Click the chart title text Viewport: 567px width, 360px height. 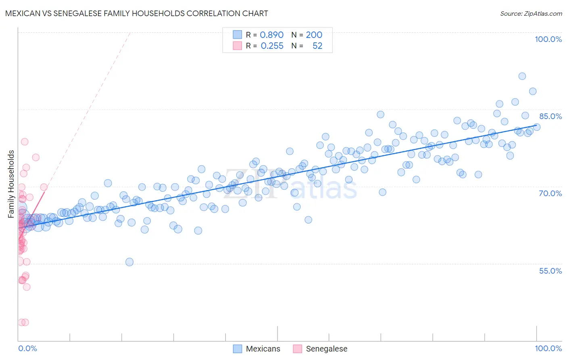click(x=136, y=13)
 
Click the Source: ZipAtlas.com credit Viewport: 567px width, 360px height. click(x=531, y=13)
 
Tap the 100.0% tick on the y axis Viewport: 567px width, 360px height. click(x=548, y=39)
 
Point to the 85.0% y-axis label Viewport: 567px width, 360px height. click(x=550, y=116)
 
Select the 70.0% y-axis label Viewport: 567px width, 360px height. click(x=550, y=193)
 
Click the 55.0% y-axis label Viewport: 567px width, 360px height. click(x=550, y=271)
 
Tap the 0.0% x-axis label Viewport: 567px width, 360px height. click(x=27, y=348)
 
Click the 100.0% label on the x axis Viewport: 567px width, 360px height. click(x=548, y=348)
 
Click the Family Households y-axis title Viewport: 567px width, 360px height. click(x=11, y=184)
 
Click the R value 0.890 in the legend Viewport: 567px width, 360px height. click(x=271, y=35)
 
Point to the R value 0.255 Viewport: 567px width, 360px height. click(x=272, y=46)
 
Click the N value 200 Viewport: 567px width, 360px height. click(x=314, y=35)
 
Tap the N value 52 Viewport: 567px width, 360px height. click(x=317, y=46)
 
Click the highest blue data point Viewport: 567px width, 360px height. click(x=522, y=76)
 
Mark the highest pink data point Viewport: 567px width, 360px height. click(x=25, y=142)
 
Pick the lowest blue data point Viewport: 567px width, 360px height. click(x=129, y=262)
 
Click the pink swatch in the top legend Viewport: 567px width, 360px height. click(x=237, y=46)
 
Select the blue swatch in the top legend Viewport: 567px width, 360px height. click(x=237, y=35)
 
